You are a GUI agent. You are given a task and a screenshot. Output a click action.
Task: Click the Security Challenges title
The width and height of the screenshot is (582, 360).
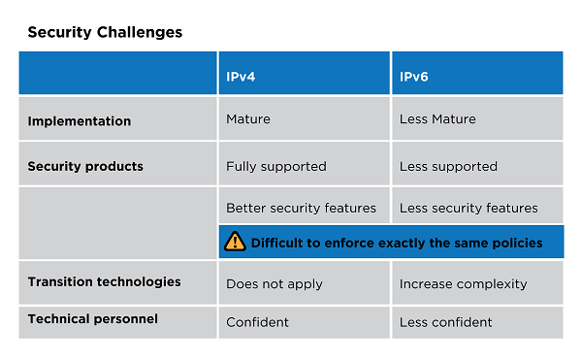[105, 33]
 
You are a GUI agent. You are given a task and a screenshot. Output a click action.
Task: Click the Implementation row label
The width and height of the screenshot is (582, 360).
[80, 121]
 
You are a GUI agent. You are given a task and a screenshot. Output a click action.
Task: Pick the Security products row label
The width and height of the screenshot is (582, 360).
[85, 166]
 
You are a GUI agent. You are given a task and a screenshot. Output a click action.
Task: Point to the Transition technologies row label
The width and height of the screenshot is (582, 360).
[105, 282]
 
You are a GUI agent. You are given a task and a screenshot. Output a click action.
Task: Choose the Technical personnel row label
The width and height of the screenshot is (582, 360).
[93, 319]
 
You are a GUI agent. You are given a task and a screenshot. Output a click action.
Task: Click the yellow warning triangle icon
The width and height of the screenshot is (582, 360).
[235, 242]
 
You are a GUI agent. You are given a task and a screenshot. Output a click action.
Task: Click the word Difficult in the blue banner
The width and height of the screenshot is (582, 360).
[276, 244]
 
